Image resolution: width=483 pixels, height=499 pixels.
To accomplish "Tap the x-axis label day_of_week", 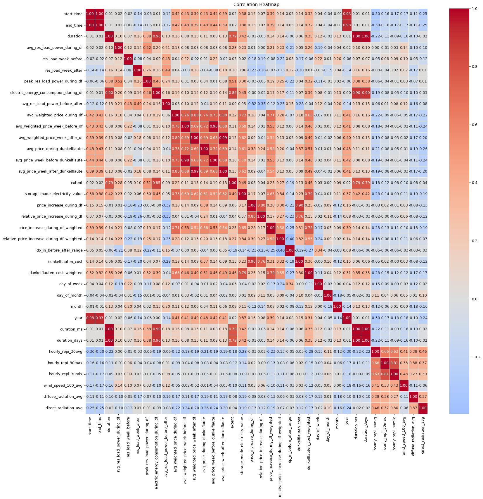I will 318,427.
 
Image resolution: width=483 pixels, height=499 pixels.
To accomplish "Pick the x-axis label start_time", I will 90,424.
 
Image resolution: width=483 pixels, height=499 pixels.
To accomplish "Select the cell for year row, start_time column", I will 90,318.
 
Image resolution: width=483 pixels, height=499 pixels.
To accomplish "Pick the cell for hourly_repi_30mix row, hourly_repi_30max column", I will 385,374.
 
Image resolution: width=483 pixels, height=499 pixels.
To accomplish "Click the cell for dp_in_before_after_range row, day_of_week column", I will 318,250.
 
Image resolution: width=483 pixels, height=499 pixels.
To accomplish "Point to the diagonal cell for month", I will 337,307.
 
